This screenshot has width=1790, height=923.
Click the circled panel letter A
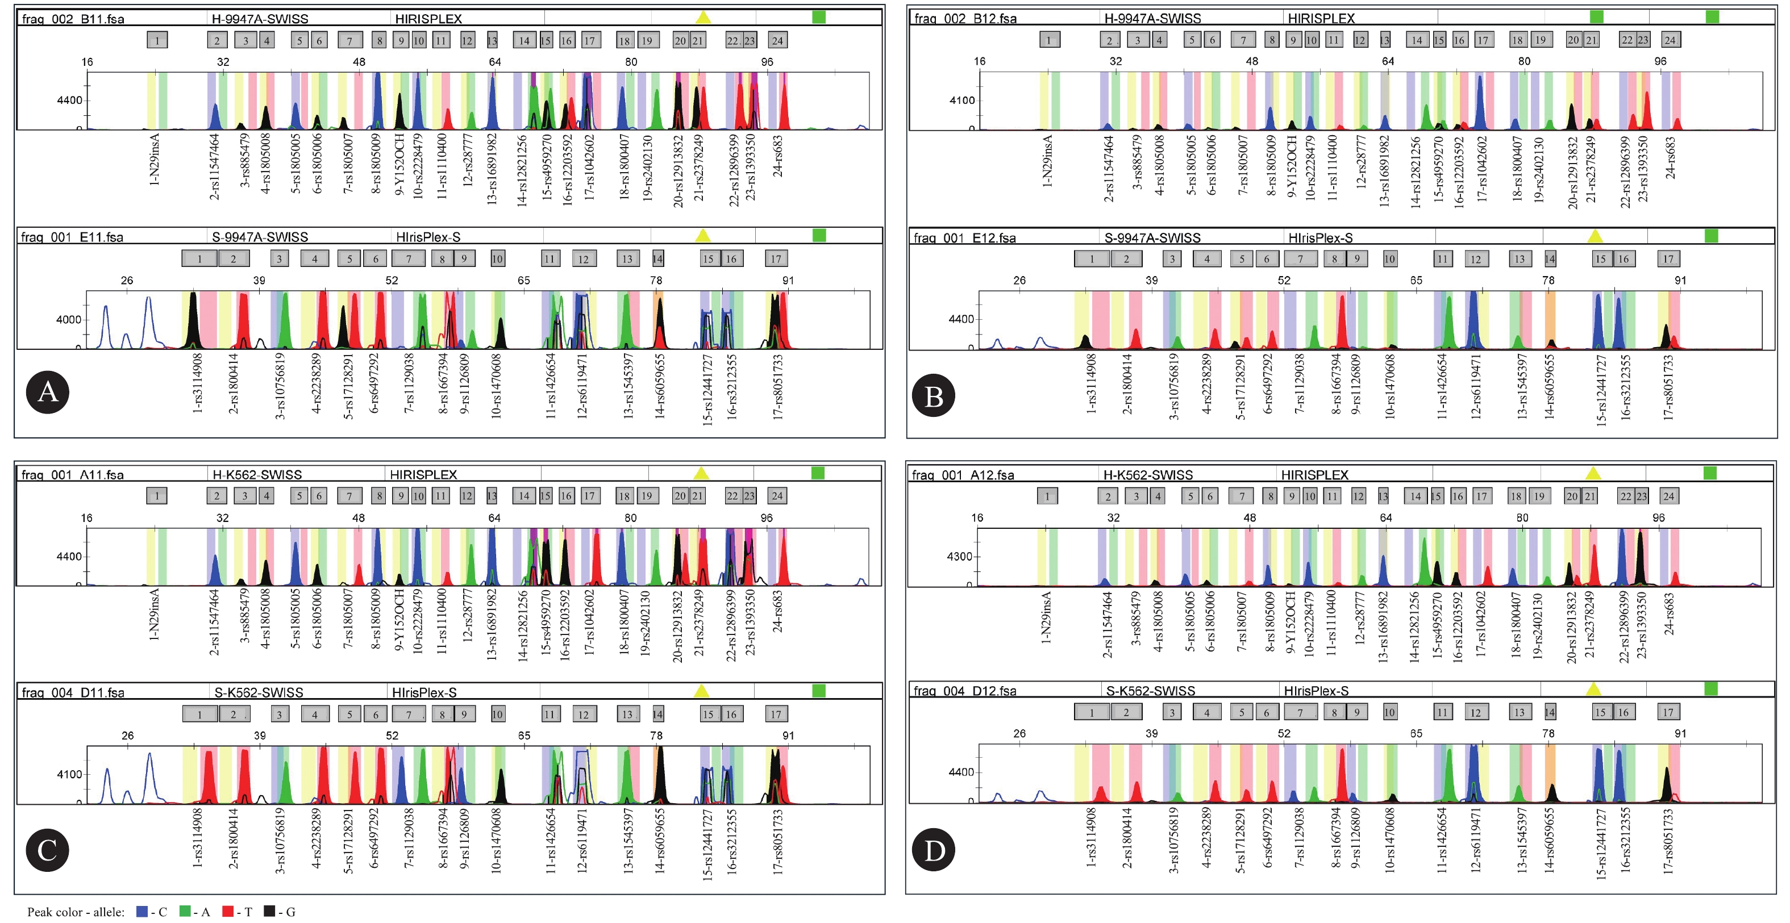point(47,392)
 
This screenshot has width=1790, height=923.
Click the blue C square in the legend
point(141,911)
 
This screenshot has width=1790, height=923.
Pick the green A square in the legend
point(185,911)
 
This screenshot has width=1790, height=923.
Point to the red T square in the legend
point(228,911)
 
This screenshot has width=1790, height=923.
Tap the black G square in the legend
point(269,911)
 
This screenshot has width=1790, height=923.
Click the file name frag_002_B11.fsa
point(73,19)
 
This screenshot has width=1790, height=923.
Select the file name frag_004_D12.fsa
point(964,691)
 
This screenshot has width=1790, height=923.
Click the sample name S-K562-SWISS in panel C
point(259,692)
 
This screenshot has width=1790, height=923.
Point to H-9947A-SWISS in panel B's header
point(1152,19)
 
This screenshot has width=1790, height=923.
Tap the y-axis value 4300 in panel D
point(960,556)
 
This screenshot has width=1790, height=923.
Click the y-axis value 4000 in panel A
point(69,319)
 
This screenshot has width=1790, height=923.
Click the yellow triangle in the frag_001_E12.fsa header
point(1595,236)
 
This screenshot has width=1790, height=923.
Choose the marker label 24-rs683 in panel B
point(1670,156)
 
